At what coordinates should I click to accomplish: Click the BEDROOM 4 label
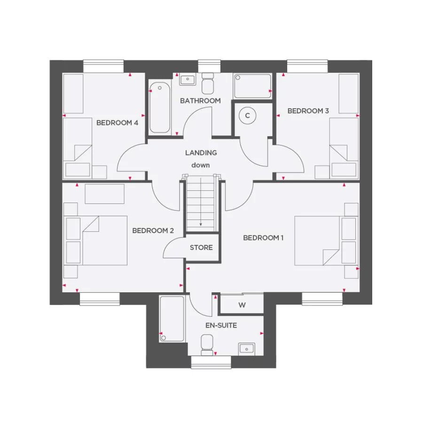[x=117, y=123]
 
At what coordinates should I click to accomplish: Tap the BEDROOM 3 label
[x=308, y=111]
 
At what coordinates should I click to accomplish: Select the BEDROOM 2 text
[x=153, y=231]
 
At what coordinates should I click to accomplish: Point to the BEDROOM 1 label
[x=263, y=238]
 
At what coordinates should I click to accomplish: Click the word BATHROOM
[x=200, y=101]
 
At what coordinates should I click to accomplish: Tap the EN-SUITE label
[x=221, y=325]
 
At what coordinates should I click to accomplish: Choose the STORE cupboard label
[x=201, y=248]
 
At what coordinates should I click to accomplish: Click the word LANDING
[x=201, y=153]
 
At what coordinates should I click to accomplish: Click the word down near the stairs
[x=200, y=165]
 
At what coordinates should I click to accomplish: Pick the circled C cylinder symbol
[x=247, y=115]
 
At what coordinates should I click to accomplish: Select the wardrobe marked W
[x=242, y=305]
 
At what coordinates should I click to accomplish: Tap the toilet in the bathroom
[x=207, y=83]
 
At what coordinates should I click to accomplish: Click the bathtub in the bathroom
[x=160, y=108]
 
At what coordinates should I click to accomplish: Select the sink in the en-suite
[x=246, y=348]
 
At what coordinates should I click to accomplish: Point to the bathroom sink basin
[x=188, y=79]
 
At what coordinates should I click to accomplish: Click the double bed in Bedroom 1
[x=317, y=241]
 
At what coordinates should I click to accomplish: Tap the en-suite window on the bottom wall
[x=211, y=362]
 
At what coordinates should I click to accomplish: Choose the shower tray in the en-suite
[x=172, y=318]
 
